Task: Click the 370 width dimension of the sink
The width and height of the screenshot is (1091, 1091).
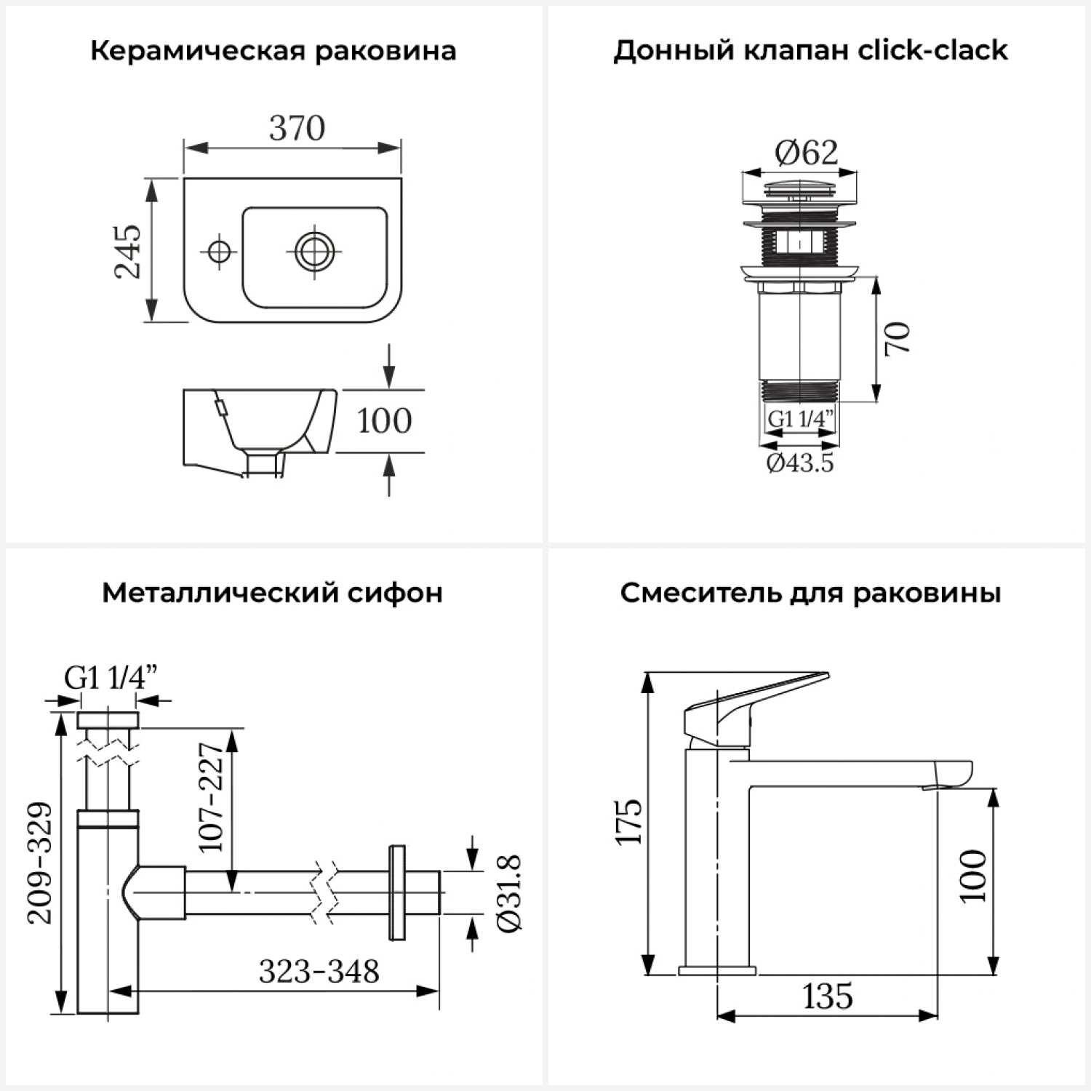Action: [x=297, y=129]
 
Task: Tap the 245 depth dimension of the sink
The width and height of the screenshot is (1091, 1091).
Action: [x=128, y=251]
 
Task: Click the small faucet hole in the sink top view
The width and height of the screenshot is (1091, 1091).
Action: [x=218, y=252]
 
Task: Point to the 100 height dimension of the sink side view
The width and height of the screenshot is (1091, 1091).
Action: [x=384, y=421]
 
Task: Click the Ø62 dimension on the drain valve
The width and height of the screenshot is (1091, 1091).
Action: [x=806, y=153]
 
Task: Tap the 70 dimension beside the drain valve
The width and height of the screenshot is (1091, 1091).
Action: [x=898, y=338]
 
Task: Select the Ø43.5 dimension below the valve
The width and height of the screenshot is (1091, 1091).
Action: [x=800, y=463]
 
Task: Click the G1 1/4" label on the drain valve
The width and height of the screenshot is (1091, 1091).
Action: [x=800, y=420]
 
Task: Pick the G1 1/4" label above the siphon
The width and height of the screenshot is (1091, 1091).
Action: [x=111, y=678]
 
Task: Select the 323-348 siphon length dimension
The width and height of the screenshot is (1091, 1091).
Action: [x=319, y=972]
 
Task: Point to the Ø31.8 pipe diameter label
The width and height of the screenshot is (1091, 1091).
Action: [x=509, y=893]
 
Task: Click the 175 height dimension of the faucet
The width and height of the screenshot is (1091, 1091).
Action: [x=629, y=822]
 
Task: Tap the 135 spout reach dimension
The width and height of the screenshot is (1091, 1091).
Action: [x=828, y=996]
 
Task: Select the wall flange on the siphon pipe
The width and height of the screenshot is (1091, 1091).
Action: [x=397, y=892]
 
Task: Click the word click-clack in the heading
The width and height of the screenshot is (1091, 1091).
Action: [x=932, y=51]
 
